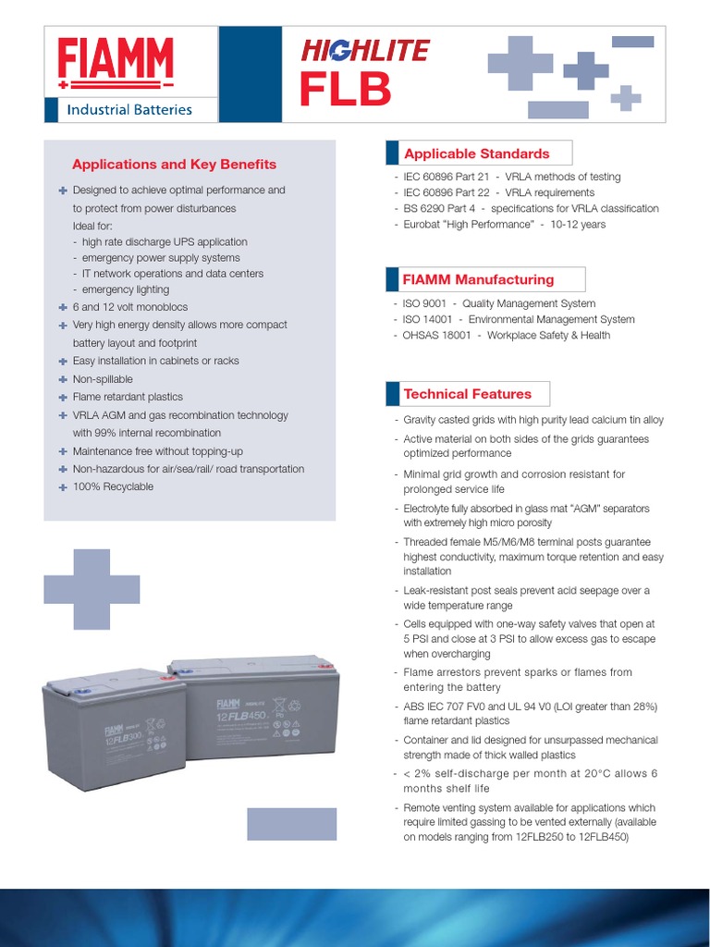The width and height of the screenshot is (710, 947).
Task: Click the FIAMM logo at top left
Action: pos(116,63)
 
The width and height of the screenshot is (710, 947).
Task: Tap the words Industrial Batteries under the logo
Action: pos(129,109)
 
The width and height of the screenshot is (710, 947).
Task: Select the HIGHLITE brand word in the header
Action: pos(365,50)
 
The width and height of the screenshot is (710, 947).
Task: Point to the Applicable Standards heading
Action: pos(477,154)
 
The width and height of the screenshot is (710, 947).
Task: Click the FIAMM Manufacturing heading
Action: pos(479,279)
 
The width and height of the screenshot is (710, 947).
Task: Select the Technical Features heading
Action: pos(468,394)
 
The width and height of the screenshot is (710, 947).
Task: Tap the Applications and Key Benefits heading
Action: pos(174,165)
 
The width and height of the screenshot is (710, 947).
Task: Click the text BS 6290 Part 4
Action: pos(439,208)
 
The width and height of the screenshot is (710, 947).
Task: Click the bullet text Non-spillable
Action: pos(103,379)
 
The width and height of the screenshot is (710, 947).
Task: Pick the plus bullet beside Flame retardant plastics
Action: pos(63,397)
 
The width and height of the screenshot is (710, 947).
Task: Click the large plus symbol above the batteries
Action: pos(92,589)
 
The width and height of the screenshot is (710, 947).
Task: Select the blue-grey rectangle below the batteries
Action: pos(291,823)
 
